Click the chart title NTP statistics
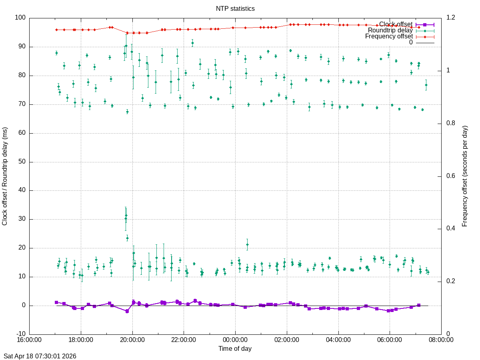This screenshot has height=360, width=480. pyautogui.click(x=235, y=8)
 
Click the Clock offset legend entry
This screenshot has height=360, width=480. pyautogui.click(x=396, y=24)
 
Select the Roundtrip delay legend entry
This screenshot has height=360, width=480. pyautogui.click(x=390, y=30)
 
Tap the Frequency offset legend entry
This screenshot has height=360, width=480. pyautogui.click(x=389, y=36)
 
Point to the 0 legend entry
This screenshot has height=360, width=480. pyautogui.click(x=411, y=42)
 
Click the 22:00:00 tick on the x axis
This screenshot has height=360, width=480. pyautogui.click(x=184, y=340)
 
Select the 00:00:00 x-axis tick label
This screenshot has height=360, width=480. pyautogui.click(x=235, y=340)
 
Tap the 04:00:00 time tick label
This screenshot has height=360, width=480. pyautogui.click(x=338, y=340)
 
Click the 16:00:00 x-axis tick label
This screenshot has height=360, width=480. pyautogui.click(x=29, y=340)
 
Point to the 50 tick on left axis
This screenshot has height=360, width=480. pyautogui.click(x=22, y=162)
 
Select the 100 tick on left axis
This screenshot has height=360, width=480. pyautogui.click(x=20, y=18)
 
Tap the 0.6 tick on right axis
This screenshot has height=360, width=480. pyautogui.click(x=451, y=176)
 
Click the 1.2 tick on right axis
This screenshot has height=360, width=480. pyautogui.click(x=451, y=18)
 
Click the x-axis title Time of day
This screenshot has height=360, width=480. pyautogui.click(x=235, y=348)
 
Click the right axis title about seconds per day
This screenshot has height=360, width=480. pyautogui.click(x=465, y=176)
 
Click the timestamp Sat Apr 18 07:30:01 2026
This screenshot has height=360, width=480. pyautogui.click(x=40, y=356)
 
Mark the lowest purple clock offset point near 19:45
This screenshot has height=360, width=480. pyautogui.click(x=127, y=311)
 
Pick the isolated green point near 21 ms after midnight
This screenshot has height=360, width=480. pyautogui.click(x=247, y=244)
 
